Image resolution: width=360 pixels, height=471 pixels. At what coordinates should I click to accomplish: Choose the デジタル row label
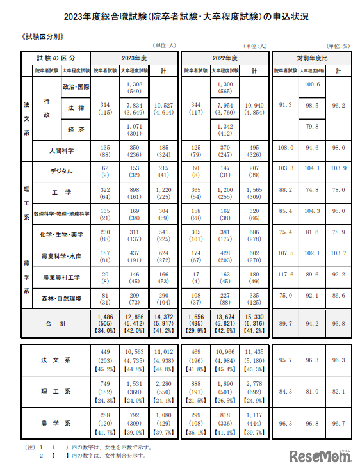point(61,171)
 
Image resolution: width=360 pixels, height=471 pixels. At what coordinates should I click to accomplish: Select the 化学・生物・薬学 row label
point(62,235)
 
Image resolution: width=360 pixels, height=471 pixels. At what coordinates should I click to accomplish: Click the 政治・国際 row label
point(76,86)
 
